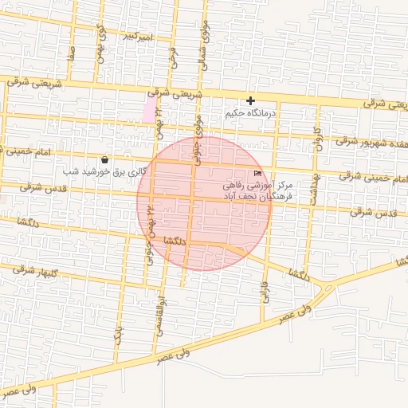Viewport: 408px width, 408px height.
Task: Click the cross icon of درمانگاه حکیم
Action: click(x=251, y=100)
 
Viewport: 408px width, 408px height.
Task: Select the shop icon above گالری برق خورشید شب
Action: click(x=105, y=159)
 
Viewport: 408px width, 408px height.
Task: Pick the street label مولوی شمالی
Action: click(x=206, y=50)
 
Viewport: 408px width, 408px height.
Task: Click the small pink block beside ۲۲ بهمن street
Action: click(x=149, y=108)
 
